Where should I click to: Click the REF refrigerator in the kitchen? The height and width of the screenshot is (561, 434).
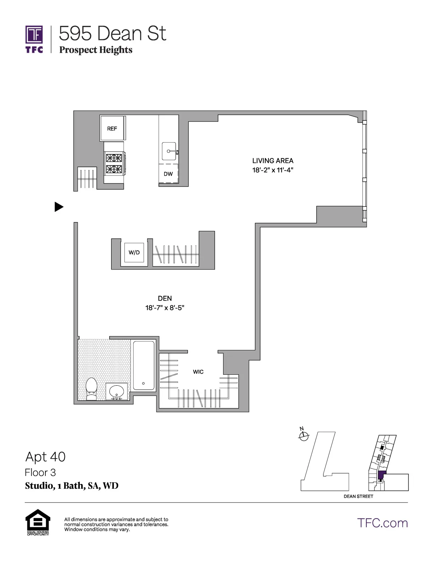[x=112, y=128]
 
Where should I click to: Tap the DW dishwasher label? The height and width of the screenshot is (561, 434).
[x=168, y=174]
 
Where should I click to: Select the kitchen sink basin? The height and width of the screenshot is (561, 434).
[x=169, y=151]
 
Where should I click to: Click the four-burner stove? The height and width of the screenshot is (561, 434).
[x=114, y=163]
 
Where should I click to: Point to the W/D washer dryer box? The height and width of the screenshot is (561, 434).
[x=134, y=253]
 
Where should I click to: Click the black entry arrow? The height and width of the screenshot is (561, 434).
[x=59, y=207]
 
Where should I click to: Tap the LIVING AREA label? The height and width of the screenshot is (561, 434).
[x=273, y=161]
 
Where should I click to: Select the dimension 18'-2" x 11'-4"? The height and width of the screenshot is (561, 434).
[x=273, y=170]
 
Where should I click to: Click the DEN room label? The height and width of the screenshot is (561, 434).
[x=165, y=299]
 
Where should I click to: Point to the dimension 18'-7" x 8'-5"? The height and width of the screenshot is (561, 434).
[x=165, y=308]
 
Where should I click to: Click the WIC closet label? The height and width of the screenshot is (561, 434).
[x=198, y=372]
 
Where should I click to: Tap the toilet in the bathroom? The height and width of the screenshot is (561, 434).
[x=91, y=389]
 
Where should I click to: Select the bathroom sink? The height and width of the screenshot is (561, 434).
[x=117, y=392]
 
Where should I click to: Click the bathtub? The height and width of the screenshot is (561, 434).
[x=144, y=365]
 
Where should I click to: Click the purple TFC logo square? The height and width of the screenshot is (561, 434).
[x=34, y=34]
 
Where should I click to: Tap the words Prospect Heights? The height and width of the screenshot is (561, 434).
[x=96, y=50]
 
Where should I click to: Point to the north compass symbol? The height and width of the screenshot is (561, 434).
[x=304, y=436]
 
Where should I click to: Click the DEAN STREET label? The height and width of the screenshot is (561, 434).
[x=358, y=496]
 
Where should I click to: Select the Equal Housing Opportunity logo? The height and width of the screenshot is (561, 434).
[x=38, y=522]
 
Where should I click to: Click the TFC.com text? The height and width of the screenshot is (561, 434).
[x=382, y=523]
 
